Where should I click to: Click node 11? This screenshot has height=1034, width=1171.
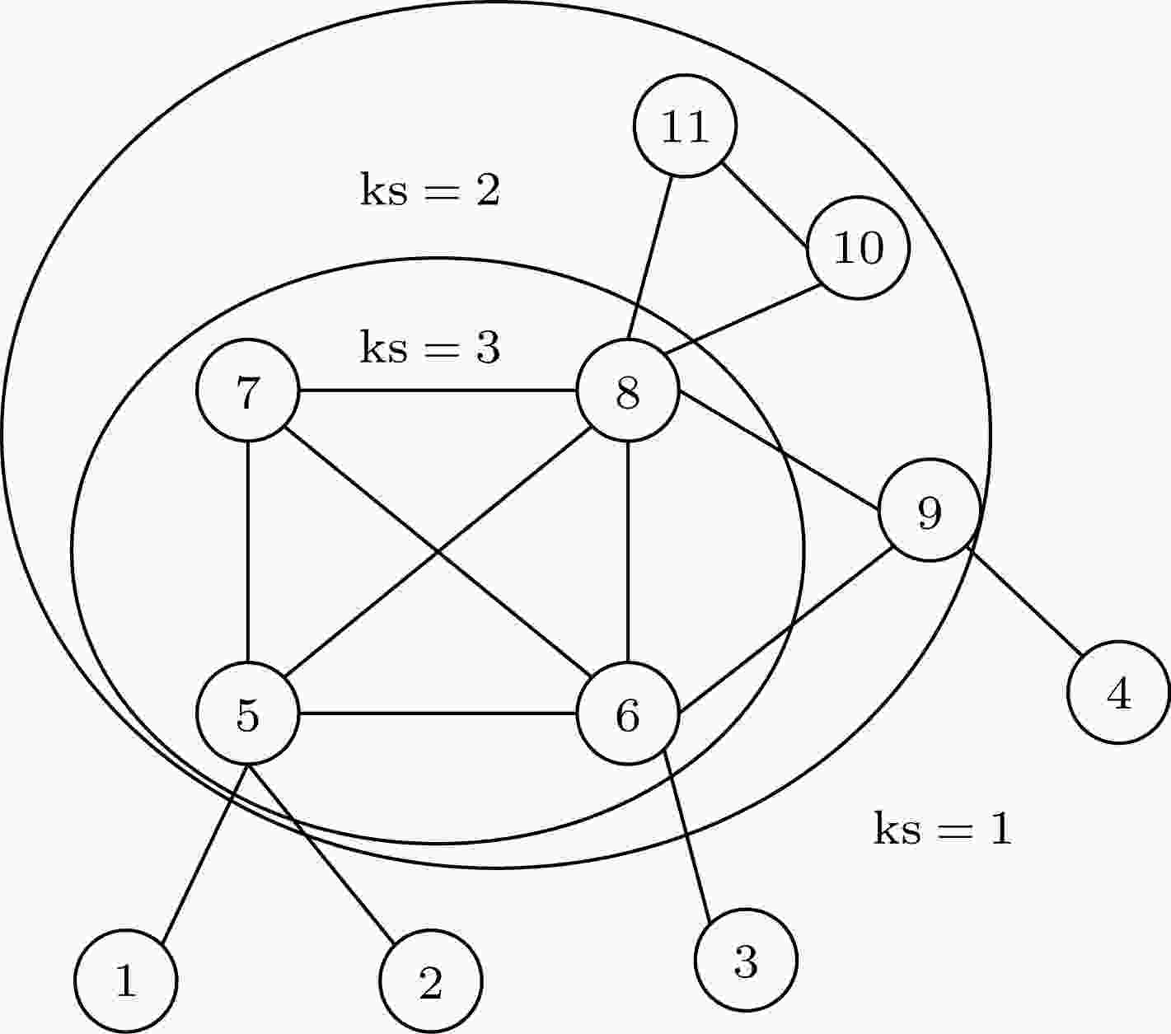tap(685, 125)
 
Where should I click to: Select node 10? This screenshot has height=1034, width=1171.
tap(858, 247)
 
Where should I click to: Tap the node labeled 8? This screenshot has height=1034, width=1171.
tap(628, 391)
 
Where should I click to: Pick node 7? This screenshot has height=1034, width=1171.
tap(248, 391)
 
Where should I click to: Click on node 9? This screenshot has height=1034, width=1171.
tap(930, 510)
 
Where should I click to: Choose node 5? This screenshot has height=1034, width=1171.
tap(248, 714)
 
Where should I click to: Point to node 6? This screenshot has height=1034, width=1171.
tap(628, 714)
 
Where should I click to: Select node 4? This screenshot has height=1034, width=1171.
tap(1118, 692)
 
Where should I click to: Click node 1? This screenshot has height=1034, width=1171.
tap(126, 981)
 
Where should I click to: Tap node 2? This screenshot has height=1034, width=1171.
tap(431, 981)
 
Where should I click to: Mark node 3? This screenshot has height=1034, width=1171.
tap(746, 960)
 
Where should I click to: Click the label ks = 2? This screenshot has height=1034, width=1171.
tap(430, 189)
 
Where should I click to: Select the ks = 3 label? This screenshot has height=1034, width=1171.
tap(430, 347)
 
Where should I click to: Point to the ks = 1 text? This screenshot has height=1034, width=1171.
tap(943, 828)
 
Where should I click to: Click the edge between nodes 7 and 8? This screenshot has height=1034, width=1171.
tap(438, 391)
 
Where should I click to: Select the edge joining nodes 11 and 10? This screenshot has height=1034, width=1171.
tap(765, 205)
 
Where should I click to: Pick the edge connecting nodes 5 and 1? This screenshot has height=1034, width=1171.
tap(204, 854)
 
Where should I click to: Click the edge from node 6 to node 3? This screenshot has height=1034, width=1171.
tap(687, 835)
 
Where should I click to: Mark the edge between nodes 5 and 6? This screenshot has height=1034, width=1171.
tap(438, 714)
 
